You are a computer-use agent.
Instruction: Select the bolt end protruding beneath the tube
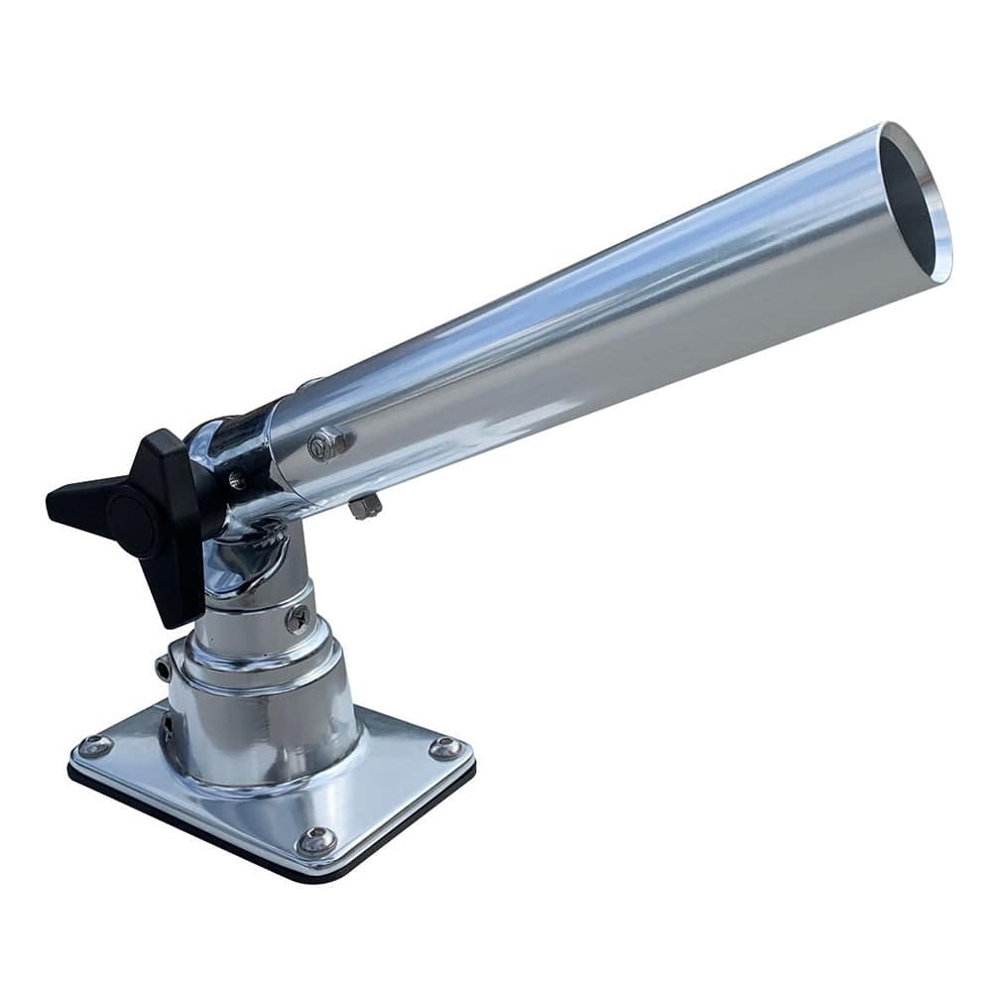pyautogui.click(x=364, y=507)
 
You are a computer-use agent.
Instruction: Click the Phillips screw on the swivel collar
pyautogui.click(x=296, y=620)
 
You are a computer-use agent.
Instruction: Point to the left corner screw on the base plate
pyautogui.click(x=96, y=747)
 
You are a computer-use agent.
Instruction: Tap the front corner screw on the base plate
pyautogui.click(x=316, y=840)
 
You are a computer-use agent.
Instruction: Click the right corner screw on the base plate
pyautogui.click(x=444, y=747)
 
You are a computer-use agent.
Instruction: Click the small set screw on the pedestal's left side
pyautogui.click(x=162, y=669)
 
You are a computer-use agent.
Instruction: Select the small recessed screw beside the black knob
pyautogui.click(x=236, y=480)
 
